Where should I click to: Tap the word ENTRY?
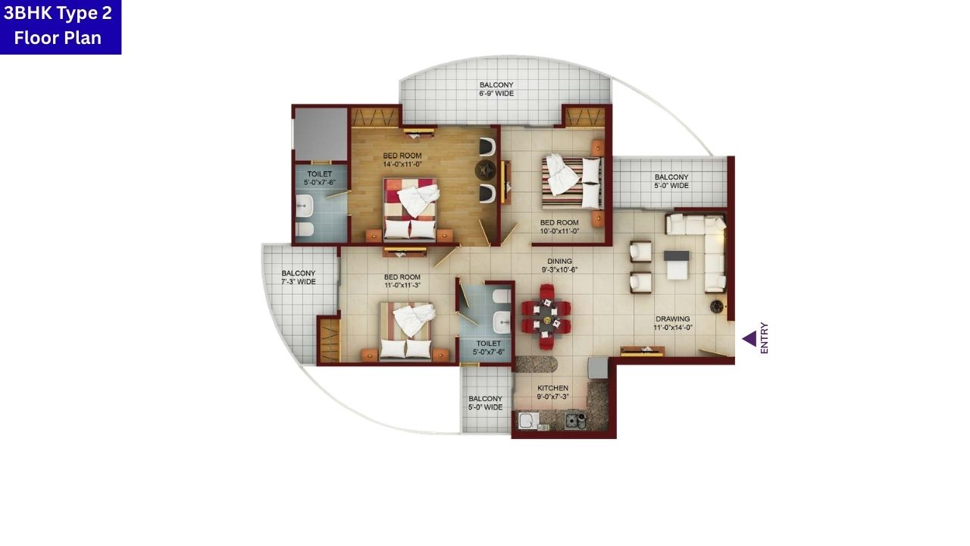pyautogui.click(x=764, y=338)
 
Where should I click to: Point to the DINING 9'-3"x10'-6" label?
pyautogui.click(x=560, y=265)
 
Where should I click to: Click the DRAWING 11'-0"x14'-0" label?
pyautogui.click(x=673, y=323)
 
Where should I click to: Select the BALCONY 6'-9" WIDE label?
pyautogui.click(x=496, y=89)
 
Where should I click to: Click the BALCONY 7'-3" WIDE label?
pyautogui.click(x=298, y=278)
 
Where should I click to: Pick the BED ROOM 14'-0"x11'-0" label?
pyautogui.click(x=402, y=160)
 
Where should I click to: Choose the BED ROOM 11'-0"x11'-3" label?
pyautogui.click(x=402, y=281)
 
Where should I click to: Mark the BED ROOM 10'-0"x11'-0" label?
pyautogui.click(x=559, y=227)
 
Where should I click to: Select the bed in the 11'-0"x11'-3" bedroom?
pyautogui.click(x=408, y=330)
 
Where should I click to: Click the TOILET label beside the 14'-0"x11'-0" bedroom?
pyautogui.click(x=319, y=178)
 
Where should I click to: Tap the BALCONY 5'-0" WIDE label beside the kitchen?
pyautogui.click(x=485, y=403)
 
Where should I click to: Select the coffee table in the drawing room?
pyautogui.click(x=677, y=265)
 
